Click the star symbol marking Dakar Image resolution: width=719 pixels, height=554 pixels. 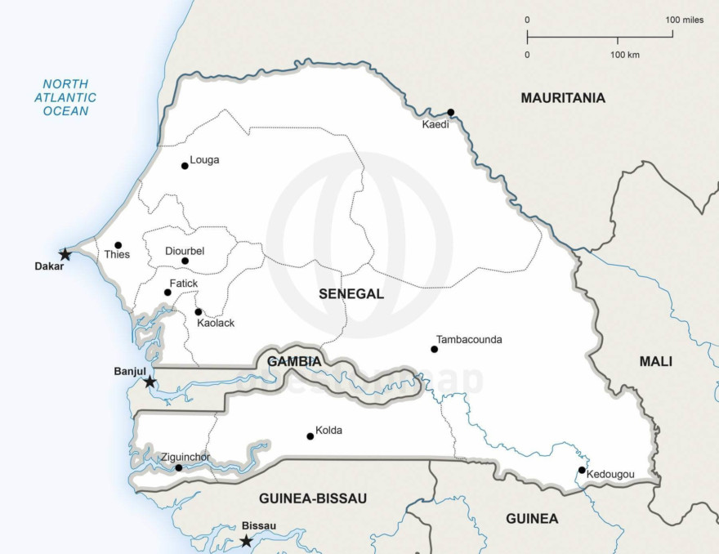point(65,255)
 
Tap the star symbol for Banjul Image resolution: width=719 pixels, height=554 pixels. point(150,382)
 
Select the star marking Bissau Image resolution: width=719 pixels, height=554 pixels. point(246,541)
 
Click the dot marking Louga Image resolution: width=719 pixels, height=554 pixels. point(185,166)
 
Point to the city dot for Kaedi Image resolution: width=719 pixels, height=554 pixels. point(450,113)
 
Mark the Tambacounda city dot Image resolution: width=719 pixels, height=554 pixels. point(435,350)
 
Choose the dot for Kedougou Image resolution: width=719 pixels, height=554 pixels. point(582,470)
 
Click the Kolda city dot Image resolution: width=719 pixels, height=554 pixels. point(310,436)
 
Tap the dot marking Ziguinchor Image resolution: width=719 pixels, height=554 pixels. point(179,467)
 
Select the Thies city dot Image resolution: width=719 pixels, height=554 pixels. point(118,245)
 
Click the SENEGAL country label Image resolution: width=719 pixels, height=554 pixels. point(351,294)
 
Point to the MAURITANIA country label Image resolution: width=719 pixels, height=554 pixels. point(563,98)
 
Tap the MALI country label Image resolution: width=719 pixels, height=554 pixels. point(656,361)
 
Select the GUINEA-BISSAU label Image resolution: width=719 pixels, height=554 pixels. point(313,498)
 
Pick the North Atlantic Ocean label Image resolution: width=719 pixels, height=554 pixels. point(70,97)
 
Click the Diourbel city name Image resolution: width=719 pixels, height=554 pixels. point(185,251)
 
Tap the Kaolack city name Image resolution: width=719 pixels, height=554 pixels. point(216,323)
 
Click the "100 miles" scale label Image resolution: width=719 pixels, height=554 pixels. point(684,20)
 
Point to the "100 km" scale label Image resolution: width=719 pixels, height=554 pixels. point(625,55)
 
